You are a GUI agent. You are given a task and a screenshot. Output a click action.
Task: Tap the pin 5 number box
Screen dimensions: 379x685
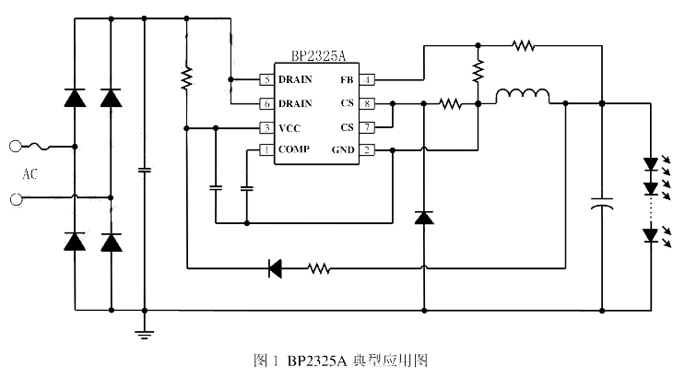(266, 80)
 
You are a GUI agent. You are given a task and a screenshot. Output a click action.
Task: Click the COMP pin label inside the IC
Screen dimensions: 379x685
(294, 149)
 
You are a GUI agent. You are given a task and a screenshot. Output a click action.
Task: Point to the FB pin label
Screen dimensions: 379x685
(347, 80)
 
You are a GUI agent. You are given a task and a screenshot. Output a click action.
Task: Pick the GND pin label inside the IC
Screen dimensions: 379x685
(342, 149)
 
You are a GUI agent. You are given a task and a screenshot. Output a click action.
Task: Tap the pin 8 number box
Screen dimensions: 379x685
(366, 103)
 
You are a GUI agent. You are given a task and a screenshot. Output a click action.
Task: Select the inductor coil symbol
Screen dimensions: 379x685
(523, 96)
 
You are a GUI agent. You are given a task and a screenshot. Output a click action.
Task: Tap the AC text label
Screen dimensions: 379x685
(30, 172)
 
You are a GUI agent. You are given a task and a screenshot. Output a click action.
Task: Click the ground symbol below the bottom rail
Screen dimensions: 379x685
(145, 334)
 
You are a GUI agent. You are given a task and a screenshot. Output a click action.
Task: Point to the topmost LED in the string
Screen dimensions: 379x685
(652, 165)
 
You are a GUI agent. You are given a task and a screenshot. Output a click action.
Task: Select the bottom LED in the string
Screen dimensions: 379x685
(652, 235)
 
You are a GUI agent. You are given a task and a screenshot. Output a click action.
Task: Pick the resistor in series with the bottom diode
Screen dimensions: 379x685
(318, 268)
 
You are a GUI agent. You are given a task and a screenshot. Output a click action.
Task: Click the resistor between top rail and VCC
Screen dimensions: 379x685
(186, 78)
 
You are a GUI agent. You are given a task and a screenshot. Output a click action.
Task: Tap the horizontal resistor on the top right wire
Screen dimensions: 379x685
(524, 43)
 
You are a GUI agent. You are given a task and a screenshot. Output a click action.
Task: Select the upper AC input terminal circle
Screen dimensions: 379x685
(15, 146)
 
